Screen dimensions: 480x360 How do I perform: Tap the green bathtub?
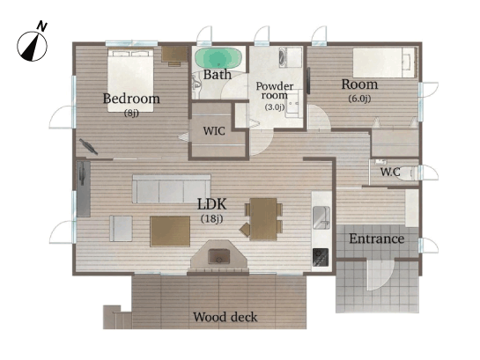[218, 58]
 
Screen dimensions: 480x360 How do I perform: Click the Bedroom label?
[131, 99]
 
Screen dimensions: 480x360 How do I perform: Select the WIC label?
[214, 131]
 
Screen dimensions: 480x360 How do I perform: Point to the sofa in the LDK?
[172, 188]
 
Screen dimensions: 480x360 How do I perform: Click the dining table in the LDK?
[263, 218]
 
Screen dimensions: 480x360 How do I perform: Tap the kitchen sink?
[321, 217]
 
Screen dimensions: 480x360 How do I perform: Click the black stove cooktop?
[321, 257]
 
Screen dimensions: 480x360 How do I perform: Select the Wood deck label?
[225, 317]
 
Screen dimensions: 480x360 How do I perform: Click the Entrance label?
[377, 239]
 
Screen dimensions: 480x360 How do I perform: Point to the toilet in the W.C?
[409, 173]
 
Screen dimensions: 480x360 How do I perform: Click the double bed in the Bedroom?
[130, 79]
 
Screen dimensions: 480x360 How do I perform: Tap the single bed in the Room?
[385, 62]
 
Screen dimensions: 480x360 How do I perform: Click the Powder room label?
[275, 91]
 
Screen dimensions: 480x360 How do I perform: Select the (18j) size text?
[211, 218]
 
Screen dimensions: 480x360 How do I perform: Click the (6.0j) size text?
[359, 99]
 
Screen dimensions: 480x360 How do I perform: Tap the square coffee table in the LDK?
[170, 231]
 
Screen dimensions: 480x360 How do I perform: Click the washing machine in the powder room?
[291, 57]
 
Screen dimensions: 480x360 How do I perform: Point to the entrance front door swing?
[380, 275]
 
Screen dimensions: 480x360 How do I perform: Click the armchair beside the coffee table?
[121, 229]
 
